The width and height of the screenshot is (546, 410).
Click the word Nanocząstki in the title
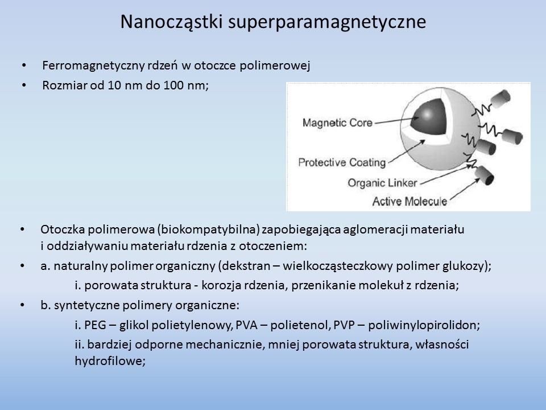(x=171, y=22)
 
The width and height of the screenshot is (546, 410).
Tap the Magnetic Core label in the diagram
(x=337, y=123)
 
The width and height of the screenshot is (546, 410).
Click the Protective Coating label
(x=342, y=162)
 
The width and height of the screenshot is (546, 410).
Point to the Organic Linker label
(x=382, y=183)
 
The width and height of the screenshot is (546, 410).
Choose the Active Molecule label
(x=409, y=201)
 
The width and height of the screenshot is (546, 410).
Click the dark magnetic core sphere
(x=429, y=116)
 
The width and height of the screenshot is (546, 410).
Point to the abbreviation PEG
(x=95, y=325)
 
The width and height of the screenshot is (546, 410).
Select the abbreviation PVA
(x=246, y=325)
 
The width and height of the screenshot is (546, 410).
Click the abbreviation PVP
(x=344, y=325)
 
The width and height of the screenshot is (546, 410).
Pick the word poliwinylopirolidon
(x=423, y=325)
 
